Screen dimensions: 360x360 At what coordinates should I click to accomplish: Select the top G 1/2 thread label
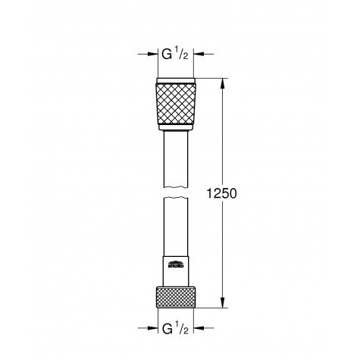click(x=177, y=55)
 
